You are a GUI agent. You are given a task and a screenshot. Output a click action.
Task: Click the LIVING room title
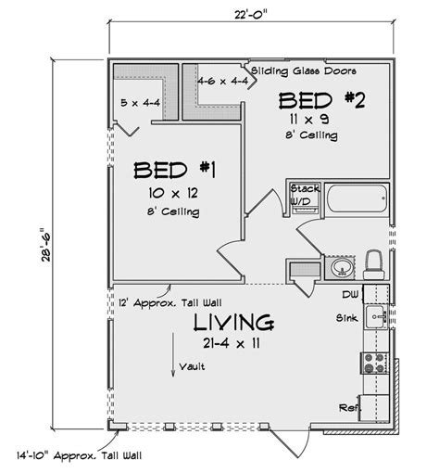[x=233, y=323]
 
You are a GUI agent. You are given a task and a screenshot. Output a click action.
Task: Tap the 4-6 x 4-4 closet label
[x=221, y=82]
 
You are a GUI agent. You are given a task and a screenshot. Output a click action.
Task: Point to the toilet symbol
[x=375, y=262]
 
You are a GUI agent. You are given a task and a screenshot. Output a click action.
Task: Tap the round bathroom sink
[x=341, y=269]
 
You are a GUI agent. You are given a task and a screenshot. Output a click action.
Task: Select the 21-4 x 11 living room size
[x=232, y=344]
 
